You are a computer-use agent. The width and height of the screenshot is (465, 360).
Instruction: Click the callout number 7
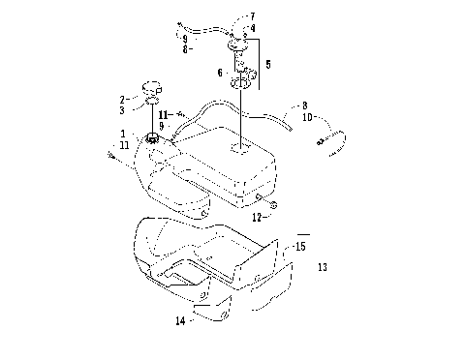click(x=253, y=16)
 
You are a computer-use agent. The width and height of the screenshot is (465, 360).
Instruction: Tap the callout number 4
click(x=253, y=28)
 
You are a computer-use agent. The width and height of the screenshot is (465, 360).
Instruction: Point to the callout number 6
click(x=219, y=73)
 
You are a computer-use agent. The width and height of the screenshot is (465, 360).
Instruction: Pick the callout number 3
click(x=124, y=111)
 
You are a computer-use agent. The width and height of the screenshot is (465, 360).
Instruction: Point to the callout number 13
click(x=322, y=266)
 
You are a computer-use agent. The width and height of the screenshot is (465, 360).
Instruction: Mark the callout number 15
click(x=301, y=248)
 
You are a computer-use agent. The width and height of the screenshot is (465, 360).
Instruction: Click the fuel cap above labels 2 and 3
click(x=152, y=88)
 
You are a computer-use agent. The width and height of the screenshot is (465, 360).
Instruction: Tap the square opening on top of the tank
click(x=237, y=150)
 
